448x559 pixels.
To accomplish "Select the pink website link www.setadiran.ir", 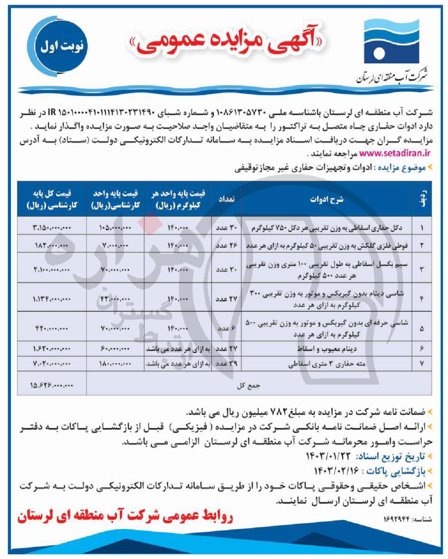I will [x=394, y=153].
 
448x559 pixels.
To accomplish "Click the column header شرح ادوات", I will [x=327, y=199].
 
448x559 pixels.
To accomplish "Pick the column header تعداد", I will [x=226, y=199].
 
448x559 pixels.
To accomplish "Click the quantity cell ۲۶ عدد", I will [x=226, y=246].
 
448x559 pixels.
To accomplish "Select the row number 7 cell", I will [x=422, y=364].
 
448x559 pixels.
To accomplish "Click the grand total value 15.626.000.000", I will [x=52, y=385].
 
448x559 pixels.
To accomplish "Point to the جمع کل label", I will [x=249, y=386].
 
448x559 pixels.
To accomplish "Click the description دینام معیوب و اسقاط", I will [x=327, y=349].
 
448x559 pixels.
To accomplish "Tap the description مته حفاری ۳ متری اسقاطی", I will [x=327, y=364].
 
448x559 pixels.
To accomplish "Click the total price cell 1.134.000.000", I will [x=52, y=299].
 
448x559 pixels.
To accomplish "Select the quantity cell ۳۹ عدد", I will [x=226, y=364].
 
